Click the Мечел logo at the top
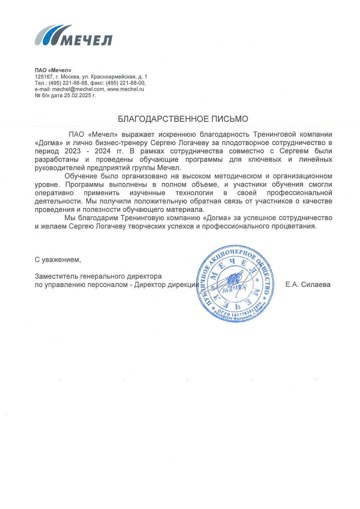[x=73, y=36]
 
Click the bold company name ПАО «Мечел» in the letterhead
[x=53, y=70]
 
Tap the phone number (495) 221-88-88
[x=68, y=83]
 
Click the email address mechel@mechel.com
[x=78, y=89]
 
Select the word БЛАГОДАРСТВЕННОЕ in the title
[x=164, y=119]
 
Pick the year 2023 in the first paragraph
[x=73, y=151]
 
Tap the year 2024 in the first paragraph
[x=103, y=151]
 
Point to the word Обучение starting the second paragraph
[x=80, y=176]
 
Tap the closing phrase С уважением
[x=58, y=260]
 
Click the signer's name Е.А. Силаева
[x=308, y=285]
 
